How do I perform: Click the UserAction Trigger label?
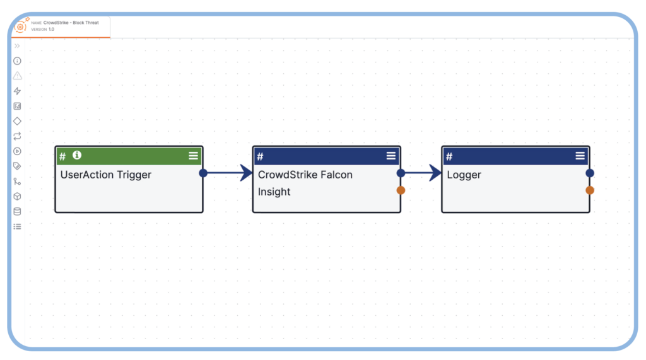click(106, 175)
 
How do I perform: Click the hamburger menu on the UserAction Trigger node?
click(193, 156)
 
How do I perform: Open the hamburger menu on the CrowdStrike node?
click(391, 156)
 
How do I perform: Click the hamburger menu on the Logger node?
click(580, 156)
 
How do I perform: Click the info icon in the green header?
click(77, 155)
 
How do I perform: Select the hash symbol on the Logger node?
click(449, 156)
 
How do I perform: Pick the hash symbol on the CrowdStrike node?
click(260, 156)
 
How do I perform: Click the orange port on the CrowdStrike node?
click(401, 190)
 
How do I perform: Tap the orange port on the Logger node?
click(590, 190)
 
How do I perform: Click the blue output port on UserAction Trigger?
click(203, 173)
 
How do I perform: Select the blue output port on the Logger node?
click(590, 173)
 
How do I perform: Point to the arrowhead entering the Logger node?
click(435, 173)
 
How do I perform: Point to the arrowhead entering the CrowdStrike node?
click(246, 173)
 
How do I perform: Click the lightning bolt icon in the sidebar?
click(17, 91)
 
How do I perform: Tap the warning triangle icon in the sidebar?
click(17, 76)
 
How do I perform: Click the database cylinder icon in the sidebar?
click(17, 211)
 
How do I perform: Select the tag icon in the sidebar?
click(17, 166)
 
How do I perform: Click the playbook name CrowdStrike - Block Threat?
click(71, 23)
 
